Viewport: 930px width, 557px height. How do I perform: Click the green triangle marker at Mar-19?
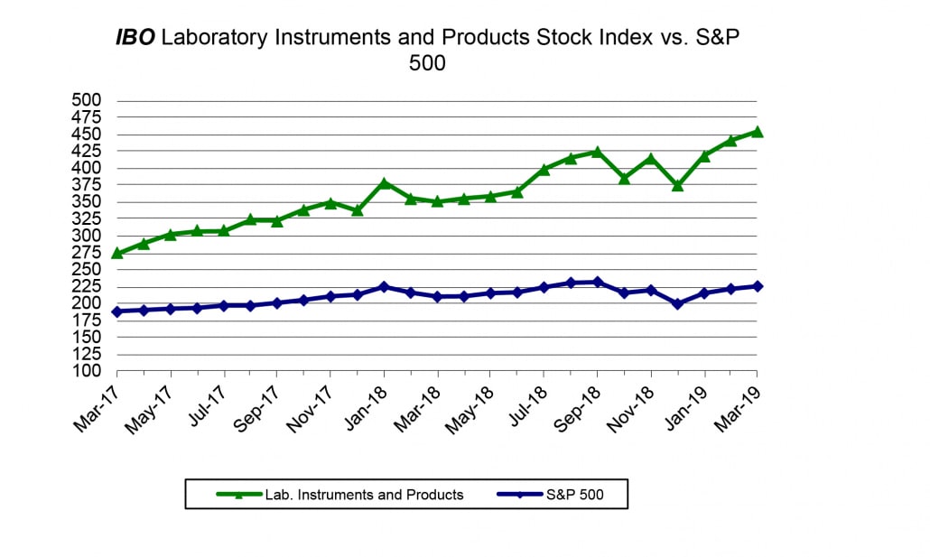[x=757, y=132]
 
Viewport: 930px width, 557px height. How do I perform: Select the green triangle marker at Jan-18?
[x=384, y=183]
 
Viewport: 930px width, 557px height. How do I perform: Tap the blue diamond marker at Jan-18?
[x=384, y=287]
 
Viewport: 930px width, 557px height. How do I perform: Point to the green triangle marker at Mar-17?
[x=117, y=253]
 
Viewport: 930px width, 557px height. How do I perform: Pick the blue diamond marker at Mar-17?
[x=117, y=311]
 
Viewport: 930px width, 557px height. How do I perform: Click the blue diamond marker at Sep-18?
[x=597, y=282]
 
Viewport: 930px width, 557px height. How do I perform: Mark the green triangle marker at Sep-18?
[x=597, y=152]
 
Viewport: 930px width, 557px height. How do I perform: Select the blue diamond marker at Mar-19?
[x=757, y=286]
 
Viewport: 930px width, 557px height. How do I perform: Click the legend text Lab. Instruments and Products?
[x=364, y=495]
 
